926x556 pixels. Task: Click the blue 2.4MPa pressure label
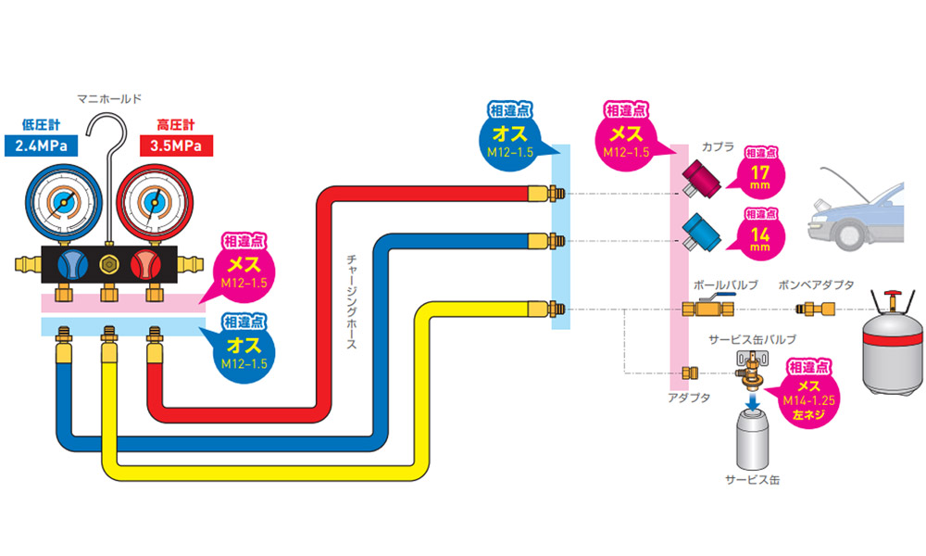coord(41,145)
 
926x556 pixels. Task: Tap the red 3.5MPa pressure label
coord(176,145)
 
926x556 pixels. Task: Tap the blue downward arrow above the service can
coord(753,398)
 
